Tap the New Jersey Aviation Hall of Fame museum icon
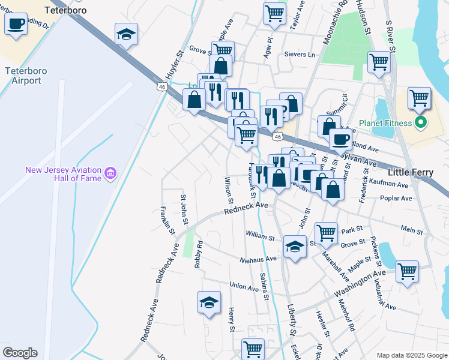click(x=110, y=174)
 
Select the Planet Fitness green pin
click(x=420, y=124)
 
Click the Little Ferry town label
click(x=411, y=172)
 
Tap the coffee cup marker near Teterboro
click(x=16, y=25)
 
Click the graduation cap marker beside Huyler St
click(x=127, y=35)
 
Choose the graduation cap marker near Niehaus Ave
click(x=295, y=247)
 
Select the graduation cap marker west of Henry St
click(x=209, y=303)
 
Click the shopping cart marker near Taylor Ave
click(x=274, y=12)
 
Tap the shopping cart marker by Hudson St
click(x=379, y=61)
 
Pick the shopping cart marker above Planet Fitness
click(x=419, y=98)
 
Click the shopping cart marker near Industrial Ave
click(x=407, y=271)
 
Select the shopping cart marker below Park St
click(x=326, y=232)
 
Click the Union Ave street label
click(x=244, y=286)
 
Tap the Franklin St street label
click(x=167, y=220)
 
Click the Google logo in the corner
click(x=20, y=353)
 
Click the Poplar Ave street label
click(x=396, y=198)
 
